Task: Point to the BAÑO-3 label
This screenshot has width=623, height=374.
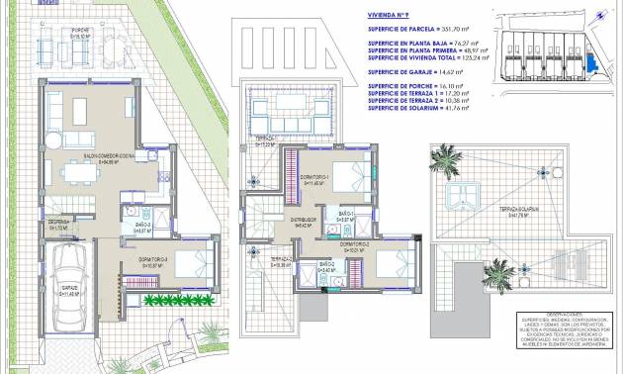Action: tap(142, 227)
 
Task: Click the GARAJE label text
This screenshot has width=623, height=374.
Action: tap(69, 289)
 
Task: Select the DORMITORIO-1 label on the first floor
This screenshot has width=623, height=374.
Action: tap(315, 178)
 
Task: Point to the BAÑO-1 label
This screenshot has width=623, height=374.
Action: tap(346, 214)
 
